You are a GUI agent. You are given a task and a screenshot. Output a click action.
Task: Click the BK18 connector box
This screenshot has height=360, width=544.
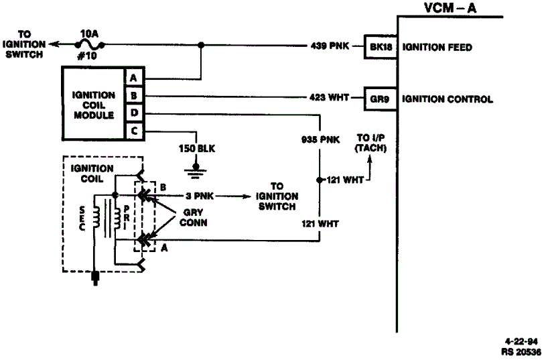click(x=381, y=46)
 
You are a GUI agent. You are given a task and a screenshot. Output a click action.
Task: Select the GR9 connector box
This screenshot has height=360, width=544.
click(x=381, y=99)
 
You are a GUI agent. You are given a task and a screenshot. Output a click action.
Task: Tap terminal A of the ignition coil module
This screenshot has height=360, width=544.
click(x=134, y=77)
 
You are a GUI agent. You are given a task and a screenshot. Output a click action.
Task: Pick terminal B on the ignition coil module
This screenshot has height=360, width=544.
click(x=134, y=95)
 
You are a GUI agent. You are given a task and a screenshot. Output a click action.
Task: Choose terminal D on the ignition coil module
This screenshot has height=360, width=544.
click(x=134, y=113)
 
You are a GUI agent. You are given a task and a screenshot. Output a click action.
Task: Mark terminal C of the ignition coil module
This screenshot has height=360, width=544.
click(x=134, y=131)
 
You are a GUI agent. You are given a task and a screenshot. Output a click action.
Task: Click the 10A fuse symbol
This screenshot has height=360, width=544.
click(x=90, y=45)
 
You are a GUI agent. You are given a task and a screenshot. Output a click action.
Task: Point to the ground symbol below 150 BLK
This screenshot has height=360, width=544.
click(x=196, y=171)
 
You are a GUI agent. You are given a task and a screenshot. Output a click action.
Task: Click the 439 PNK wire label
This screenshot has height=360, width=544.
click(x=330, y=46)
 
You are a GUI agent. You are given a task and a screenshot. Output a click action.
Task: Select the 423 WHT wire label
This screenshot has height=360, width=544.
click(x=329, y=98)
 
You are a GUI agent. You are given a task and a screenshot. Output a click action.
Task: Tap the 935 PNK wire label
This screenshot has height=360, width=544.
click(x=320, y=139)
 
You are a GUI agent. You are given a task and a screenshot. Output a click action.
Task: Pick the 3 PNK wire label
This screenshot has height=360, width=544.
click(x=199, y=196)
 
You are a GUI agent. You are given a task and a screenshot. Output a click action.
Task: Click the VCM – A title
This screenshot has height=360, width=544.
click(x=450, y=7)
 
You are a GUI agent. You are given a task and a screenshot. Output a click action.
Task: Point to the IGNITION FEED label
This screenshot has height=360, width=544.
click(x=437, y=47)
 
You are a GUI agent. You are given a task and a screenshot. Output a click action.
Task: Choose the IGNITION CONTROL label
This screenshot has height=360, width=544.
click(x=448, y=99)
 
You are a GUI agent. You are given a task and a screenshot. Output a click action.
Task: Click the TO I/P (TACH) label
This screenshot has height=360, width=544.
click(x=370, y=143)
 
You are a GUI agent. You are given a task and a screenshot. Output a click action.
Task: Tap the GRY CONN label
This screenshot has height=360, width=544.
click(x=193, y=217)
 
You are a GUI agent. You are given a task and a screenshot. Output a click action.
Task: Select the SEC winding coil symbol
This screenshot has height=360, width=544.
click(x=95, y=218)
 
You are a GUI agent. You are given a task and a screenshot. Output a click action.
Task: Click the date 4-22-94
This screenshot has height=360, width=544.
click(x=521, y=341)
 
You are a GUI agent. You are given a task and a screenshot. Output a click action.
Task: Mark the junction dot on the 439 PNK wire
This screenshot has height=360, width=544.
click(x=200, y=45)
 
